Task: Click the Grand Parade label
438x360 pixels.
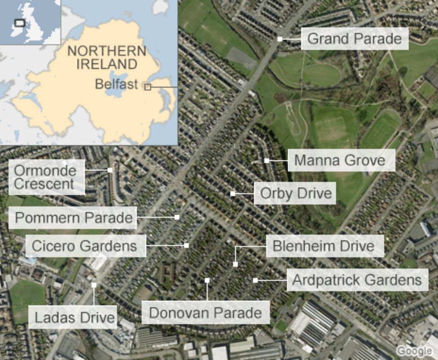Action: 354,39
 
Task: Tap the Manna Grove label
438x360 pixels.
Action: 341,160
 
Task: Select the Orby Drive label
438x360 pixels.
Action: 296,193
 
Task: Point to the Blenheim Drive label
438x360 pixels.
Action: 324,246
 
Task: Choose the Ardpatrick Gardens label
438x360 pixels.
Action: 357,280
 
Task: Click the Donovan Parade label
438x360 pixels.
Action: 205,312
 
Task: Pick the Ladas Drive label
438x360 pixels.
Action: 75,318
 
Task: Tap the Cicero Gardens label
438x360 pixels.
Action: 84,246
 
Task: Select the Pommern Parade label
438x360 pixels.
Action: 74,218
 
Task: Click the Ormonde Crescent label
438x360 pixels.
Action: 45,177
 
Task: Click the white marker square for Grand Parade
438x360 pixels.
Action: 280,39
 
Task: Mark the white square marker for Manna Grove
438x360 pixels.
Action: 267,160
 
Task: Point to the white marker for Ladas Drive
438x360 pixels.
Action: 94,285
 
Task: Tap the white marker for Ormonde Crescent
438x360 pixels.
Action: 110,170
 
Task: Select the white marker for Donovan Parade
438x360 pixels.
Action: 207,281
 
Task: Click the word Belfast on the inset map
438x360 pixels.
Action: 116,84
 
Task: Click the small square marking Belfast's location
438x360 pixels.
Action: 147,87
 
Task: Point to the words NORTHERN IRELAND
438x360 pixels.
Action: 107,57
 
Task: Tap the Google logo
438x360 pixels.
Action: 414,351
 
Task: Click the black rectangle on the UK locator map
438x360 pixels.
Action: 20,23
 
